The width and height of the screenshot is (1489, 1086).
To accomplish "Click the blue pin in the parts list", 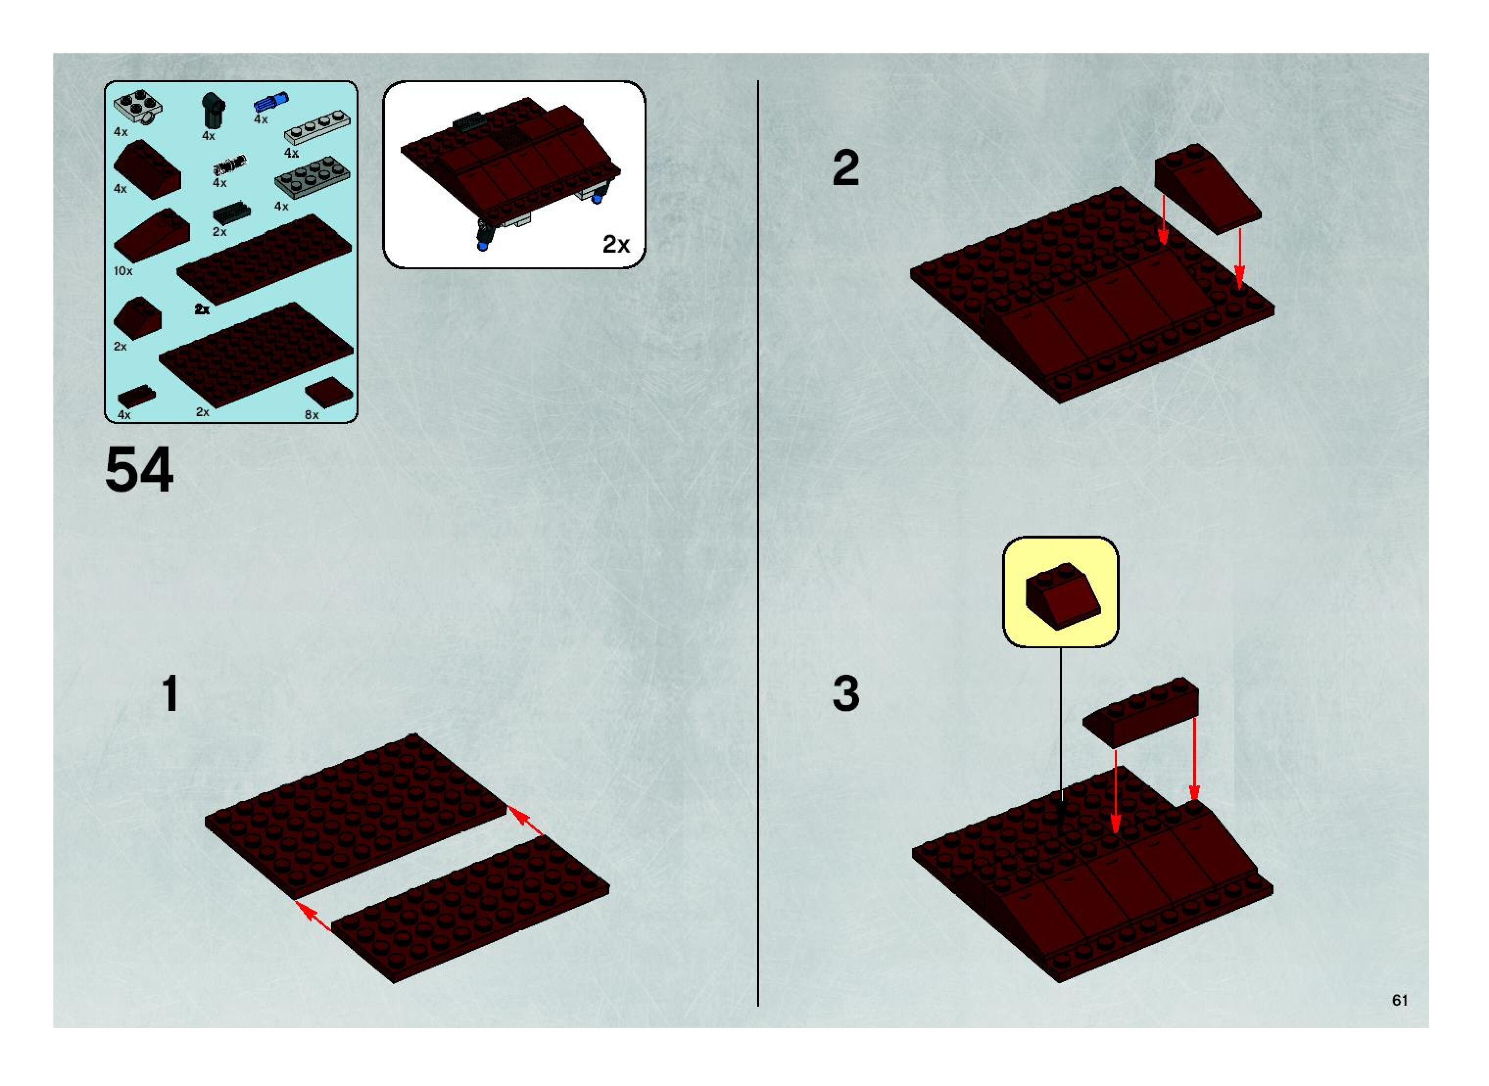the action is click(x=271, y=102).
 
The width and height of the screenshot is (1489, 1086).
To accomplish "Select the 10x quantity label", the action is click(x=123, y=271).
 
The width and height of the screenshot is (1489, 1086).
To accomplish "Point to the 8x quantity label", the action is click(x=312, y=415).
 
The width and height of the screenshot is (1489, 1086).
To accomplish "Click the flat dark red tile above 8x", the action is click(x=329, y=393).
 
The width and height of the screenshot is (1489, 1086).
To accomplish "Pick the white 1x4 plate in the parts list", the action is click(x=317, y=129).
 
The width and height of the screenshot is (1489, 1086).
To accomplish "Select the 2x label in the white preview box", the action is click(x=616, y=244).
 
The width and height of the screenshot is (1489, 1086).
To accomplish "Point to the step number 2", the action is click(x=846, y=168).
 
